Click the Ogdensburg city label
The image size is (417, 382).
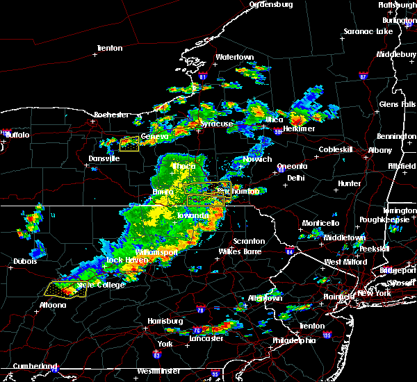[x=272, y=4]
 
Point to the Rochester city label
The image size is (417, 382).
[x=112, y=114]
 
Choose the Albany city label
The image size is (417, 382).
[x=380, y=150]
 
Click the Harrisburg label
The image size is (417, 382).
[x=165, y=322]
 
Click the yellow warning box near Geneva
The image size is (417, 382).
[x=129, y=144]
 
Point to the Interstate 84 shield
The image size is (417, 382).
[x=289, y=251]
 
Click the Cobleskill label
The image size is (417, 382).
[x=336, y=149]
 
